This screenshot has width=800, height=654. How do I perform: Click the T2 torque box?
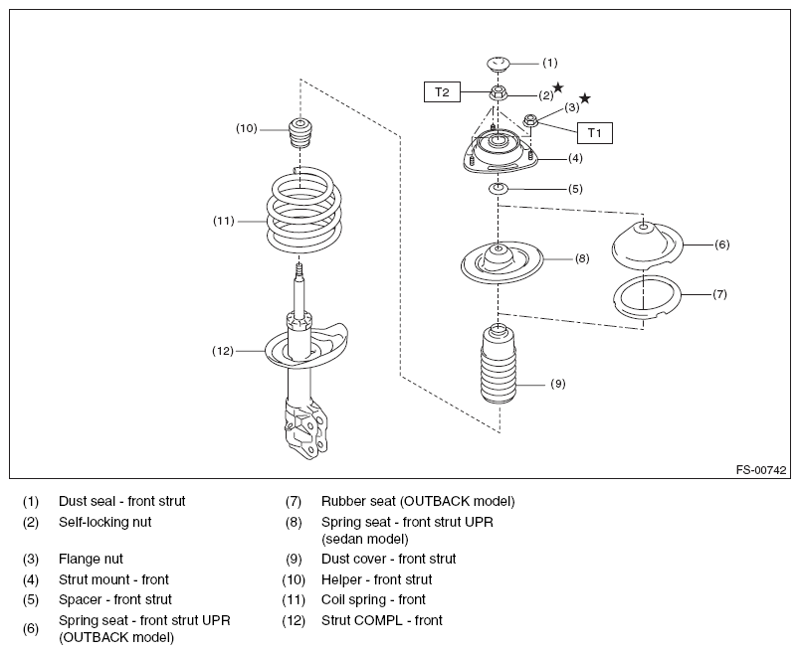[442, 92]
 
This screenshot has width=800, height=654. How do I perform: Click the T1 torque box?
[594, 133]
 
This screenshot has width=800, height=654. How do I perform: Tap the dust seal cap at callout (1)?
[498, 64]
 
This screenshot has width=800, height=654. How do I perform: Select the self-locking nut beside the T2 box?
[498, 93]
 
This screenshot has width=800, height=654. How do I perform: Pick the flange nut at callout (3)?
[530, 120]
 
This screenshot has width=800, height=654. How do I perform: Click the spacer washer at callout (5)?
[499, 189]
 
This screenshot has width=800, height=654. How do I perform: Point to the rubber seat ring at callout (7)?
[647, 298]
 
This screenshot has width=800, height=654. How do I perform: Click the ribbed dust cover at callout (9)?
[499, 365]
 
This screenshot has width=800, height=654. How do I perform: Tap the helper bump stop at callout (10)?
[300, 132]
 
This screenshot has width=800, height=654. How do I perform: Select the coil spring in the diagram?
[304, 210]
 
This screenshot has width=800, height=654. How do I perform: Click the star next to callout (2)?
[558, 87]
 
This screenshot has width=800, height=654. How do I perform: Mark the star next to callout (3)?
[585, 97]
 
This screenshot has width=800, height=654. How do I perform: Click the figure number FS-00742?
[761, 470]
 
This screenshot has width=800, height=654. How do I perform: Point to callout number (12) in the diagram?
[223, 351]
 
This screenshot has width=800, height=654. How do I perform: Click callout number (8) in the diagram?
[582, 258]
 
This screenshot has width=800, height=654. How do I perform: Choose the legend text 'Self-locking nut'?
[105, 522]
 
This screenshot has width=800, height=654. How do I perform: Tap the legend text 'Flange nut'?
[91, 560]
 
